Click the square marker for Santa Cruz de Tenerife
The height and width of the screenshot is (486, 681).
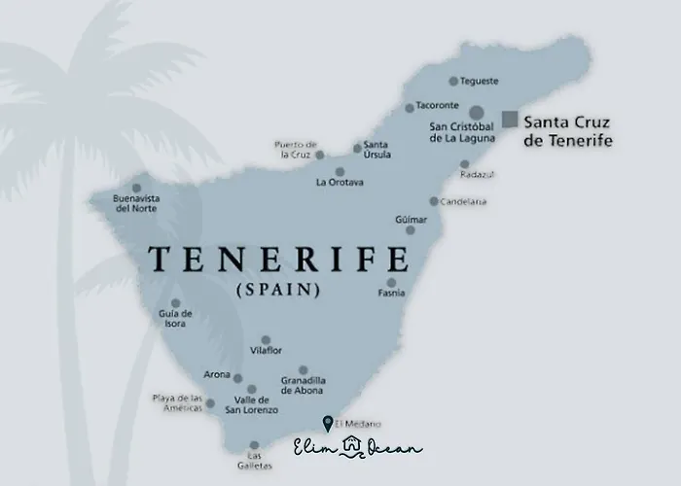coord(509,120)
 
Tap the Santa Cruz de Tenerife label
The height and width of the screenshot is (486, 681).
coord(568,132)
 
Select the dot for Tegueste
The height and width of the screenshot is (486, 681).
coord(452,82)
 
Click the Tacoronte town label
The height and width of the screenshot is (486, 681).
coord(438,107)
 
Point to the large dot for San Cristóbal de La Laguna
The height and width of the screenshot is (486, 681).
coord(476,114)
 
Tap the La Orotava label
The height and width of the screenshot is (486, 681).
coord(340,182)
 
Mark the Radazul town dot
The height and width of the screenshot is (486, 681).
coord(464,177)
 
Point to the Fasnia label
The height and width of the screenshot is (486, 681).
coord(391,294)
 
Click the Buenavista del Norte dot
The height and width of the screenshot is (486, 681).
coord(136,189)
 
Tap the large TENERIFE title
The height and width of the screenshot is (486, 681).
coord(277,260)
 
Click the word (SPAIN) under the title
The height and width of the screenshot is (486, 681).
coord(278,290)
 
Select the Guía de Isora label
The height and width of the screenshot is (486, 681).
coord(175,318)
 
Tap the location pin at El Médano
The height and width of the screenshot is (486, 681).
coord(327,423)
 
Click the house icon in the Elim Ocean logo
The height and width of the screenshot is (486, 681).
coord(352,447)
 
